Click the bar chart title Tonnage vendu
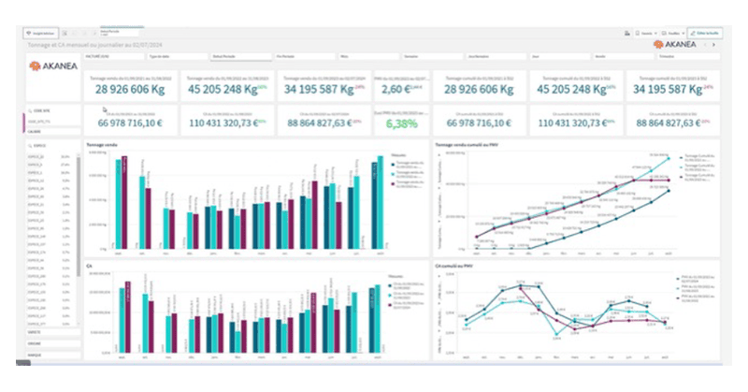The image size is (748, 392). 102,145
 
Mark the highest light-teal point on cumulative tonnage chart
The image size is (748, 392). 668,159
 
